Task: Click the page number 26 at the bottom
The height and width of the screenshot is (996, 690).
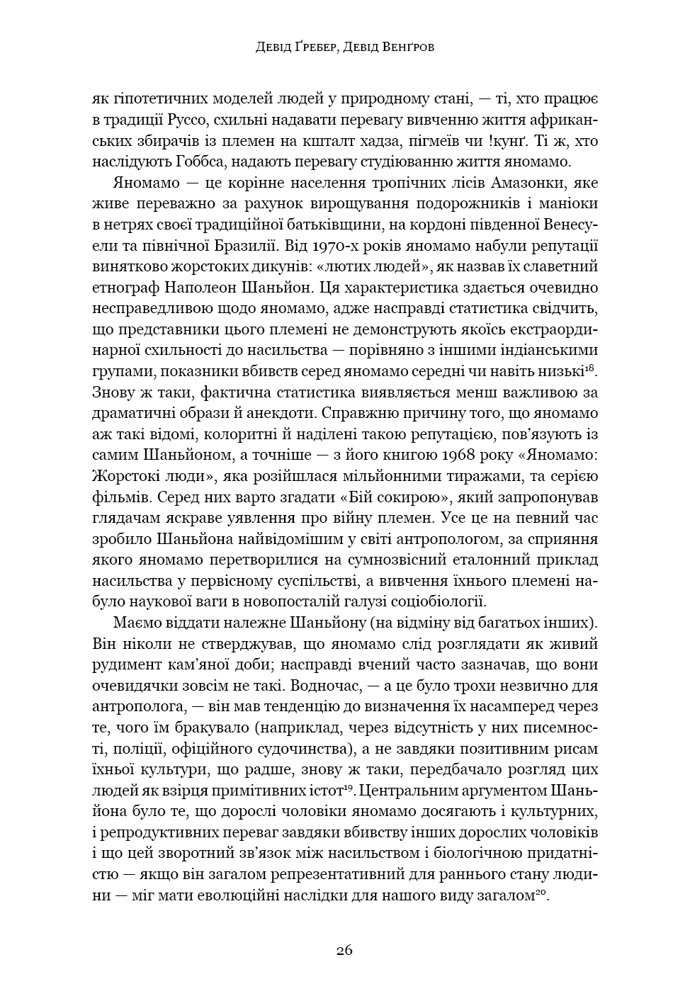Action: (x=344, y=950)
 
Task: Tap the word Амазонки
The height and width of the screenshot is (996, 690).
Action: (x=529, y=183)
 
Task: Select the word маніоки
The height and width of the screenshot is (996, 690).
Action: (x=566, y=203)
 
